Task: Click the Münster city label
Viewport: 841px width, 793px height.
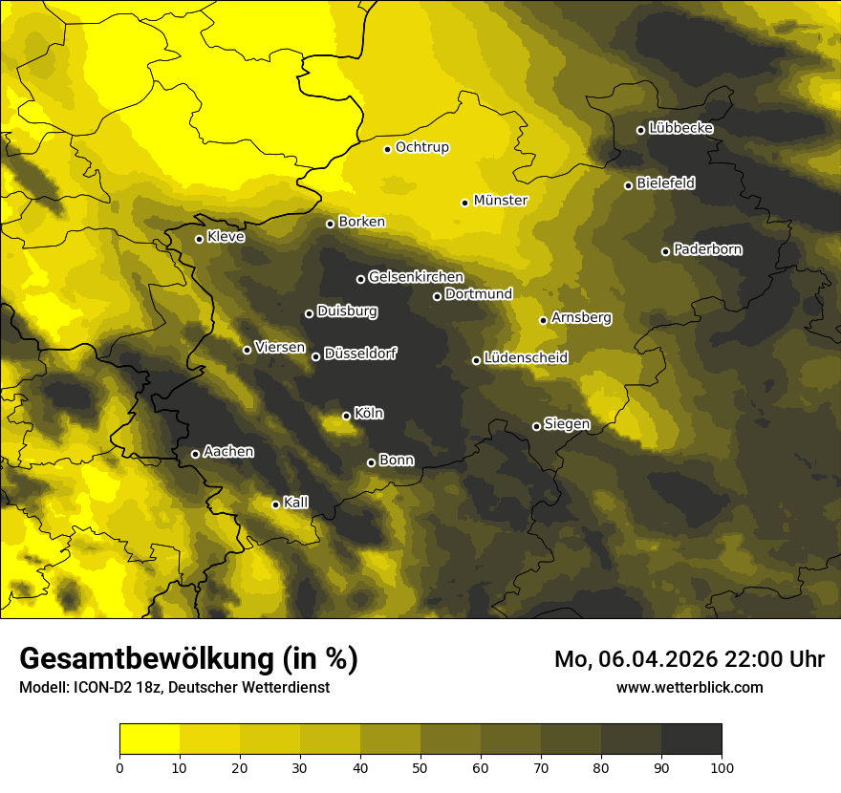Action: point(501,201)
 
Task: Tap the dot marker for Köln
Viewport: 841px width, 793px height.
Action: point(346,416)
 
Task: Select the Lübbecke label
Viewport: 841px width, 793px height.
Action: point(680,128)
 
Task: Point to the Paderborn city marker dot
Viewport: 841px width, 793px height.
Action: point(665,251)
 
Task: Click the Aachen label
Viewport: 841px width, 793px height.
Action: point(228,452)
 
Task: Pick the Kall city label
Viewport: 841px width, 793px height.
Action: point(296,503)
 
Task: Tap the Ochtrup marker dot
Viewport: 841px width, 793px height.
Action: point(387,148)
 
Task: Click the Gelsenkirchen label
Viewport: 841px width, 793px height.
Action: point(416,277)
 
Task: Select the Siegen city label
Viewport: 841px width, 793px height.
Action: point(567,424)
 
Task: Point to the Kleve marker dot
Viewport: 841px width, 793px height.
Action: point(199,239)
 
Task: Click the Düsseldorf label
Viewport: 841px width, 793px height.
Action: point(360,354)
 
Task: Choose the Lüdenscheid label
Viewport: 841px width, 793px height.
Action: point(526,358)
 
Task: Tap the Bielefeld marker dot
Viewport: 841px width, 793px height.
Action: point(628,185)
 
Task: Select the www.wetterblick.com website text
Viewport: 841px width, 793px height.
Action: point(689,687)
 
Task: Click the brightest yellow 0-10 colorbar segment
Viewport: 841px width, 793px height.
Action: point(149,739)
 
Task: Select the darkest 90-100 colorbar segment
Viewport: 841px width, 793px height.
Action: point(691,739)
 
